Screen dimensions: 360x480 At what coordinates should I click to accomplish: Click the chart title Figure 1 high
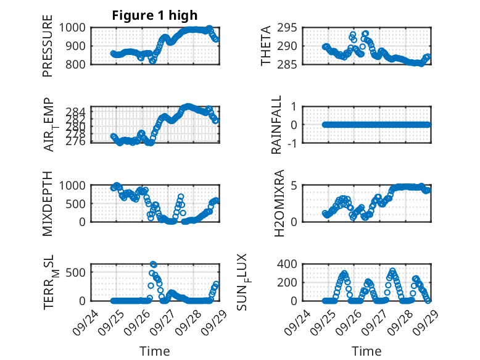pyautogui.click(x=155, y=15)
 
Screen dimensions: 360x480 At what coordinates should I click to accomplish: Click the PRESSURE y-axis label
pyautogui.click(x=48, y=46)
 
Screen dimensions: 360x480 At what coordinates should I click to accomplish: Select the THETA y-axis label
pyautogui.click(x=266, y=46)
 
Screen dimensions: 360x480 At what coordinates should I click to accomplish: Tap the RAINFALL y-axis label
pyautogui.click(x=277, y=125)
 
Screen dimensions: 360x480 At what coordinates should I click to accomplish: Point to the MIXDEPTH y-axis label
pyautogui.click(x=48, y=203)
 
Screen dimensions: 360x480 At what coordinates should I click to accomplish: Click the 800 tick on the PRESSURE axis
pyautogui.click(x=78, y=64)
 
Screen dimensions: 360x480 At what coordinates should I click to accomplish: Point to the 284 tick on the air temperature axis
pyautogui.click(x=78, y=111)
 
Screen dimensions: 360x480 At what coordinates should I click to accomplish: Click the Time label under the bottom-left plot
pyautogui.click(x=155, y=351)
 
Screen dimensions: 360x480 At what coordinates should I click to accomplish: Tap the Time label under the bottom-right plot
pyautogui.click(x=366, y=351)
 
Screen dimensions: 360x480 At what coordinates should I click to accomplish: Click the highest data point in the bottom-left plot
pyautogui.click(x=153, y=264)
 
